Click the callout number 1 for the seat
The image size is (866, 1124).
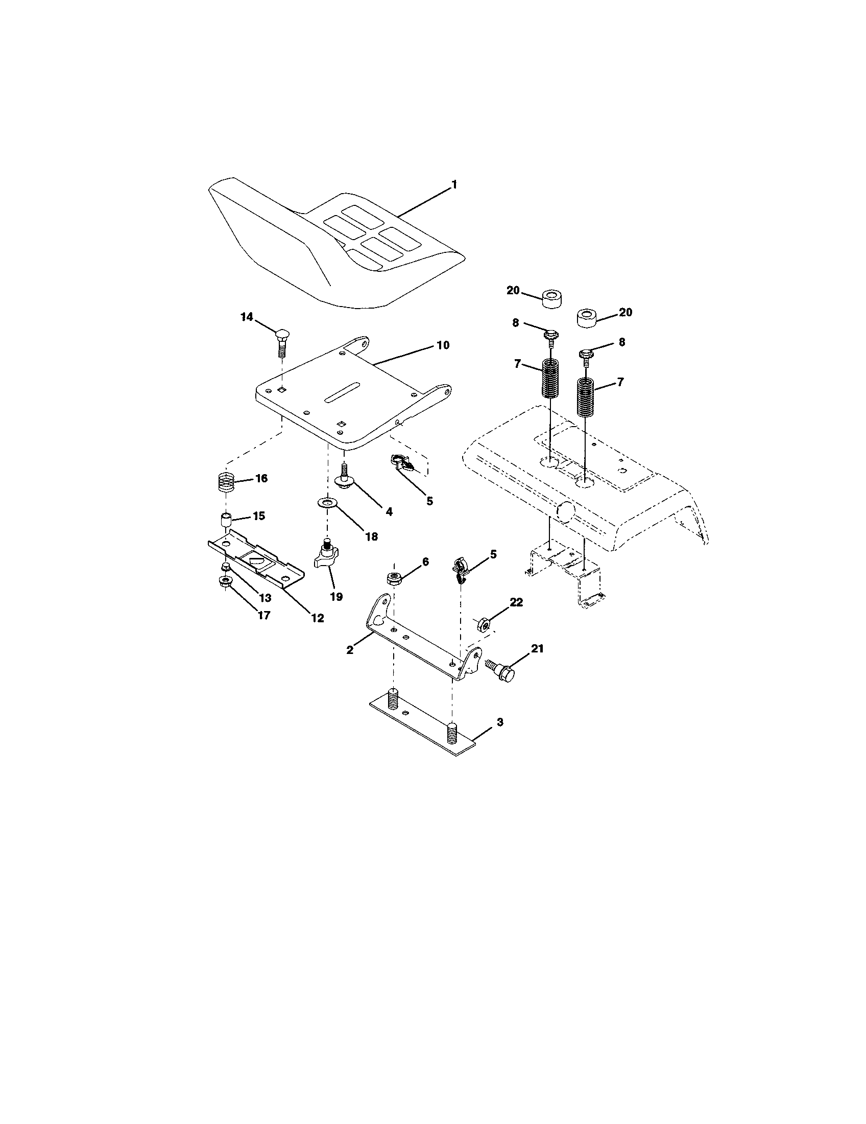click(x=453, y=185)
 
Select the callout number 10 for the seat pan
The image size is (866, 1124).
click(x=443, y=345)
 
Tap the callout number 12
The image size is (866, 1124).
click(x=317, y=618)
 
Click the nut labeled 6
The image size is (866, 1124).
click(x=394, y=578)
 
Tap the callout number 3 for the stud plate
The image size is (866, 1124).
click(x=499, y=722)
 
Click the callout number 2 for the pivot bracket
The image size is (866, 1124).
click(x=350, y=650)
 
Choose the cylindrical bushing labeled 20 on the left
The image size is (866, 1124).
click(x=551, y=298)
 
